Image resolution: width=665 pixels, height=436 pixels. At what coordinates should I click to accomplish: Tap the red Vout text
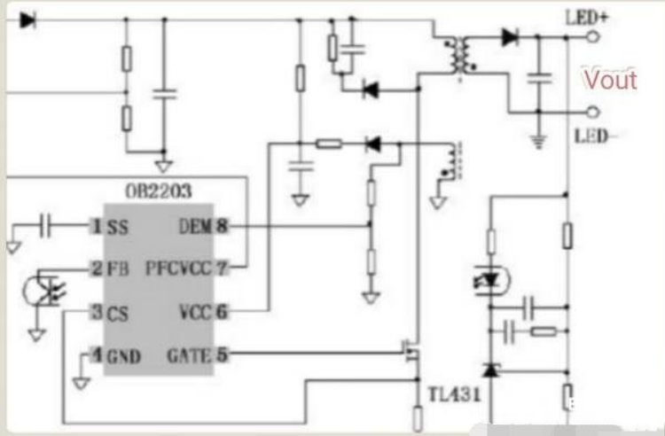pyautogui.click(x=610, y=80)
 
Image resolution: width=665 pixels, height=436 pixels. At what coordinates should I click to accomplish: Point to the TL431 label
pyautogui.click(x=453, y=394)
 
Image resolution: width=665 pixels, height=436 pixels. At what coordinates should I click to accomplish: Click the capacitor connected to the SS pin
pyautogui.click(x=48, y=227)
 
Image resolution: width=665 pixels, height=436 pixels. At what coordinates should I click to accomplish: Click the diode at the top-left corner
pyautogui.click(x=27, y=20)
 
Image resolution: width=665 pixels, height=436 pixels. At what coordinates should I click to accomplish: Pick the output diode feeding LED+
pyautogui.click(x=509, y=37)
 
